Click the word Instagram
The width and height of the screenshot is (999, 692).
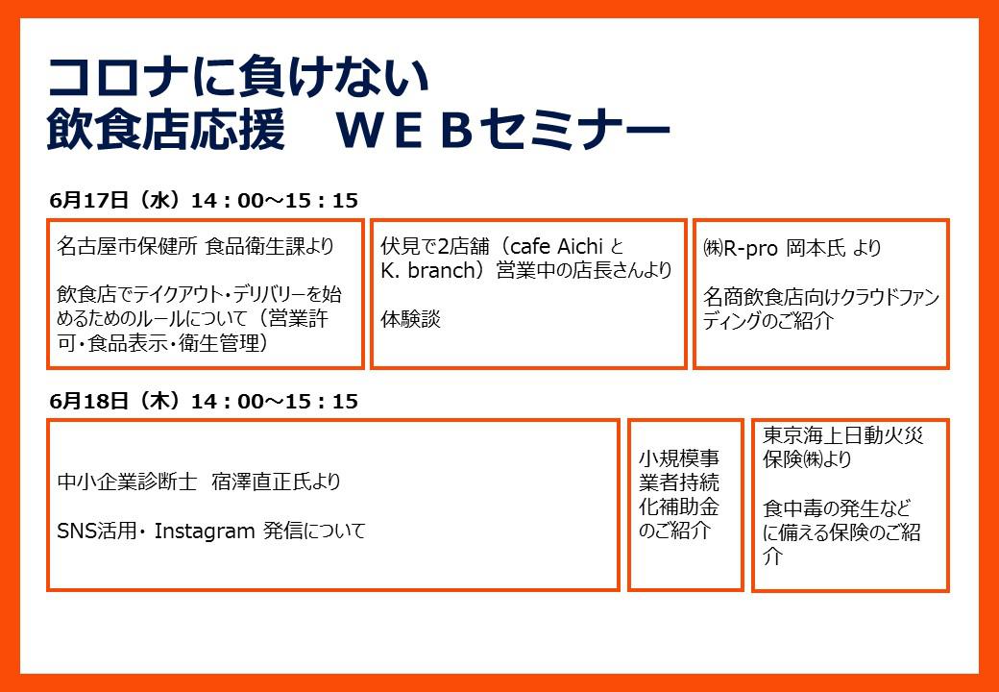(205, 531)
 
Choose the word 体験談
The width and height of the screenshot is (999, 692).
(411, 319)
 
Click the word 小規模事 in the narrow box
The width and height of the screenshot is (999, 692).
(679, 458)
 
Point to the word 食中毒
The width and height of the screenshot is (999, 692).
(793, 508)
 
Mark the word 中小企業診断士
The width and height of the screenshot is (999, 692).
(127, 482)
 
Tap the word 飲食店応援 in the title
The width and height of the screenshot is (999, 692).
(166, 130)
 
